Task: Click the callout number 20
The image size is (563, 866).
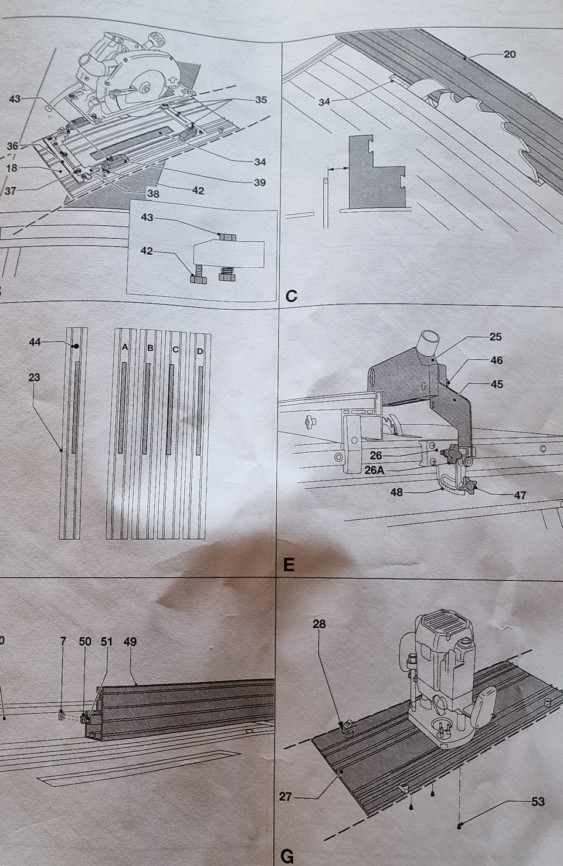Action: coord(509,54)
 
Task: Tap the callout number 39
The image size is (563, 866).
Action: coord(260,182)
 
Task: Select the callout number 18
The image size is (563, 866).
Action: coord(12,168)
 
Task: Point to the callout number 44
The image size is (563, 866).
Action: coord(35,341)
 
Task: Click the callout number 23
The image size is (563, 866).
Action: coord(34,377)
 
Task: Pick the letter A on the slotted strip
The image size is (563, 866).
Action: coord(125,347)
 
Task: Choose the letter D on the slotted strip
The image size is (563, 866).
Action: coord(200,351)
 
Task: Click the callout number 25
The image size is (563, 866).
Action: coord(496,337)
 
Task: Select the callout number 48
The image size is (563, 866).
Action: coord(396,492)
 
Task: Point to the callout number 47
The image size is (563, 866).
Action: coord(520,495)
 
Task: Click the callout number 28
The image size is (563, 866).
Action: coord(319,624)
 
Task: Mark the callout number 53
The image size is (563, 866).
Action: coord(538,801)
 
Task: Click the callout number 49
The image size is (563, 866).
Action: coord(130,642)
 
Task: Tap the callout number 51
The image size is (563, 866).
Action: coord(106,642)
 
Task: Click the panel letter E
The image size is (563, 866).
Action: coord(289,565)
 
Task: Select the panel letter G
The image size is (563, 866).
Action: coord(287,857)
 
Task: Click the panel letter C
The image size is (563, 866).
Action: coord(291,296)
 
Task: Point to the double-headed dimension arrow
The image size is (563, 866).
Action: coord(338,168)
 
